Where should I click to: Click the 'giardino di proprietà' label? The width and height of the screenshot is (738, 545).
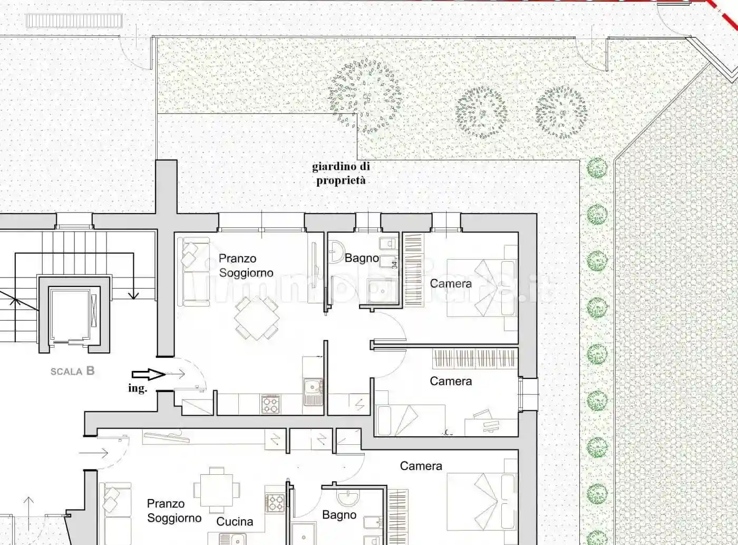pyautogui.click(x=341, y=174)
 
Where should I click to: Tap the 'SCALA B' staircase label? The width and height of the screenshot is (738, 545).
pyautogui.click(x=73, y=371)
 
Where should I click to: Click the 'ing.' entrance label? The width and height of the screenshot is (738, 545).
pyautogui.click(x=138, y=389)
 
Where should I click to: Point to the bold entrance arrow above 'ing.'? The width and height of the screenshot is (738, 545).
pyautogui.click(x=148, y=375)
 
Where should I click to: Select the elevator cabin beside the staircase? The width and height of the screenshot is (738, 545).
pyautogui.click(x=74, y=315)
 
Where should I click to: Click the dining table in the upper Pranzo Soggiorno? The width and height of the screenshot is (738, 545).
pyautogui.click(x=257, y=318)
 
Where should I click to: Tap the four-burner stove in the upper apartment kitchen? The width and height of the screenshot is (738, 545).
pyautogui.click(x=271, y=404)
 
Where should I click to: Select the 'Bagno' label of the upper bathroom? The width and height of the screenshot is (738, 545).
pyautogui.click(x=362, y=259)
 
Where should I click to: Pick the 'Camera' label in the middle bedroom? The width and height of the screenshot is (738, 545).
pyautogui.click(x=451, y=381)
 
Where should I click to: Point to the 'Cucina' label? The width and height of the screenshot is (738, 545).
pyautogui.click(x=235, y=522)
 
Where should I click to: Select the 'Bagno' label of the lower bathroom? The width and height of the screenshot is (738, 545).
pyautogui.click(x=339, y=515)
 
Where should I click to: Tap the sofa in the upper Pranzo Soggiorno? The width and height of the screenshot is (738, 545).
pyautogui.click(x=188, y=272)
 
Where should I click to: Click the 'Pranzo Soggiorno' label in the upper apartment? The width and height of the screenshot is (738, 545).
pyautogui.click(x=246, y=265)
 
